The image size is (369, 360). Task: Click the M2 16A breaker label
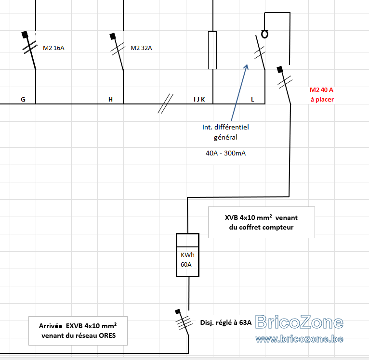pos(53,48)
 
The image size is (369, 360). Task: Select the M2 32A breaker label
pos(141,48)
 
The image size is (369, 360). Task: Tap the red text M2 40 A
pos(321,90)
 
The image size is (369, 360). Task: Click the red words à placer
pos(322,100)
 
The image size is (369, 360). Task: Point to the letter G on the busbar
pos(23,100)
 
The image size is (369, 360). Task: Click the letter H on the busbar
pos(111,100)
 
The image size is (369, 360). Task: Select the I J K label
pos(199,100)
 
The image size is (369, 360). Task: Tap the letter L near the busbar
pos(252,100)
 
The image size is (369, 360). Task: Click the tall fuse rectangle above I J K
pos(212,51)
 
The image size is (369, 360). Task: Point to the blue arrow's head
pos(246,66)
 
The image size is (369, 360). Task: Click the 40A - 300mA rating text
pos(225,154)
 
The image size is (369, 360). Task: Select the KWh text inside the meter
pos(187,255)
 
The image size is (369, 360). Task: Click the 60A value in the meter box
pos(186,265)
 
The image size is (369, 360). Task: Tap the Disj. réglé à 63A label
pos(225,322)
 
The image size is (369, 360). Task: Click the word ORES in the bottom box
pos(107,335)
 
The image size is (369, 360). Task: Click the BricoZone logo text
pos(299,322)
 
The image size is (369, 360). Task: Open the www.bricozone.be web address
pos(299,339)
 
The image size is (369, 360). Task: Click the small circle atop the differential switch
pos(265,34)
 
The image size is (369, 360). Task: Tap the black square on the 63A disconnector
pos(178,312)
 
